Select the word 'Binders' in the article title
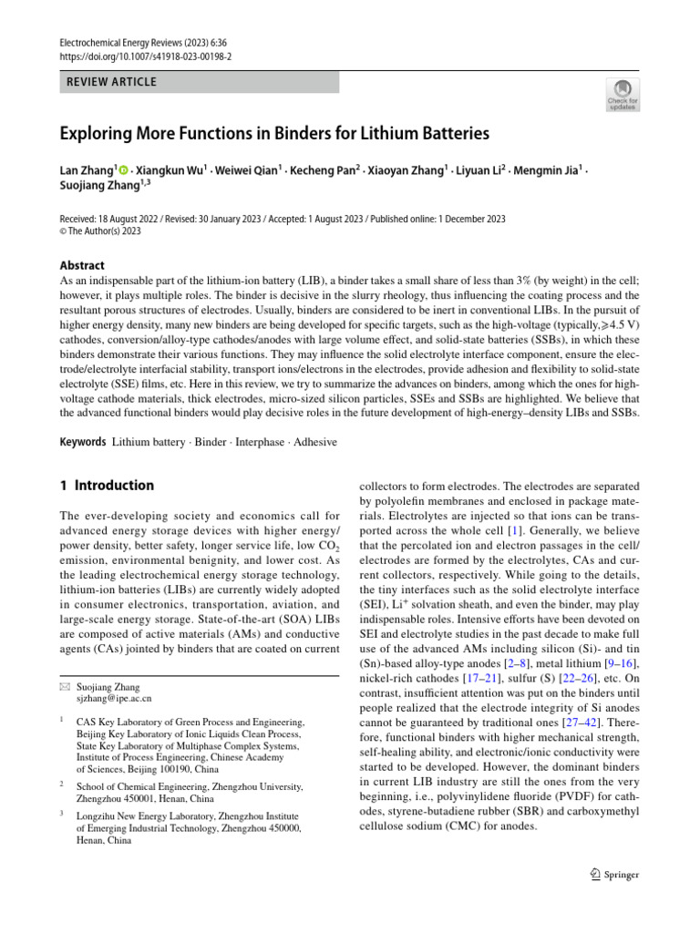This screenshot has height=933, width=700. pyautogui.click(x=318, y=133)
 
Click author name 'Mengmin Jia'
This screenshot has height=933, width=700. pyautogui.click(x=546, y=170)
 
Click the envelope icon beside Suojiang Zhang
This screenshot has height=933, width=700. pyautogui.click(x=64, y=687)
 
